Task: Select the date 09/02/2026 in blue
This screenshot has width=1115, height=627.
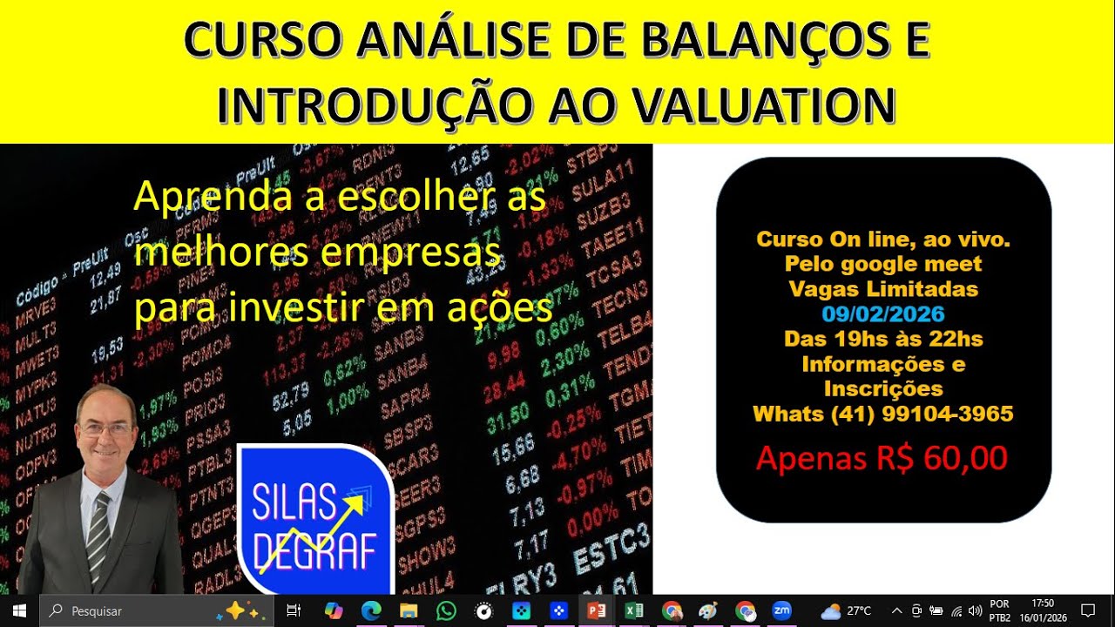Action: click(x=882, y=313)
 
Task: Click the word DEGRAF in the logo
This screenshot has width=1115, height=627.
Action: click(x=314, y=550)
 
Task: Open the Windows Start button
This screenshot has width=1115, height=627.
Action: click(x=19, y=610)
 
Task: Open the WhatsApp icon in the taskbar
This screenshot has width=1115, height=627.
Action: click(x=446, y=610)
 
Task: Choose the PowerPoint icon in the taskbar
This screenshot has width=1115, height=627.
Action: click(x=597, y=610)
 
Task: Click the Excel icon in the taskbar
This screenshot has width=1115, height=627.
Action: click(x=634, y=610)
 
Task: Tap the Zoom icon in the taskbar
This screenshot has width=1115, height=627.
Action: click(x=781, y=610)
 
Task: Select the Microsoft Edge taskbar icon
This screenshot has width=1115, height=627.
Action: click(x=371, y=610)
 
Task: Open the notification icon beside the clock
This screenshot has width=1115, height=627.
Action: click(x=1087, y=610)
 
